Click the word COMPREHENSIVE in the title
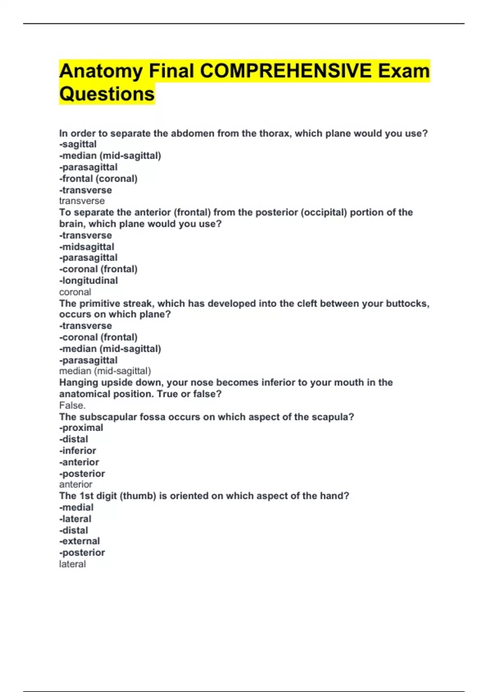285,71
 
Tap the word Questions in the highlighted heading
107,94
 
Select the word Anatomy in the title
101,71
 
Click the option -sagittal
78,144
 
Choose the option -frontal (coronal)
98,179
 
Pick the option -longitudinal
89,280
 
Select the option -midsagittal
87,247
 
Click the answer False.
72,405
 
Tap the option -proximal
81,428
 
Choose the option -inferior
78,451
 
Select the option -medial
76,507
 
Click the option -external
80,541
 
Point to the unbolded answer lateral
72,564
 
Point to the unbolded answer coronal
75,292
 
